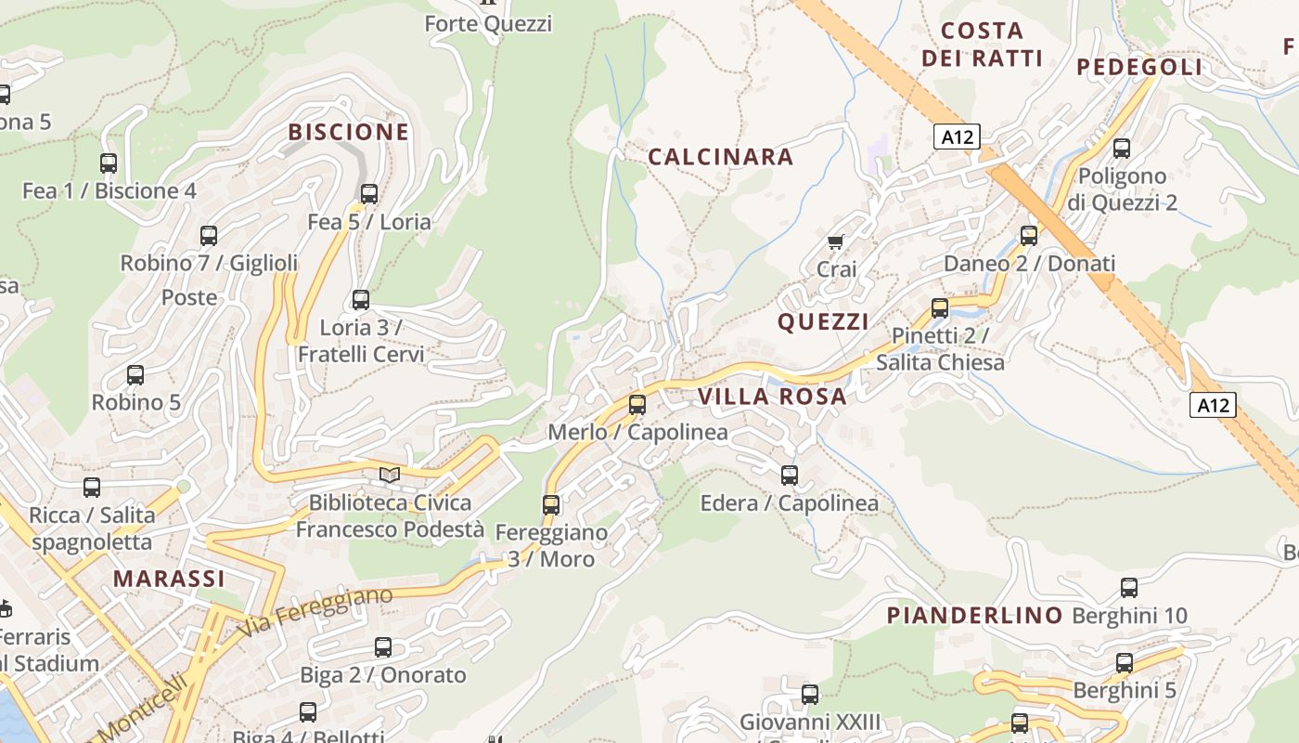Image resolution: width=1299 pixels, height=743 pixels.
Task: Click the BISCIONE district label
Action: (x=348, y=132)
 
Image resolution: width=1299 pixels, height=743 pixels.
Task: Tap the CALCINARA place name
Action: (x=720, y=157)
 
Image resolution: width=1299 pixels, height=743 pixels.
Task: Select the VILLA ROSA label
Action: (x=772, y=397)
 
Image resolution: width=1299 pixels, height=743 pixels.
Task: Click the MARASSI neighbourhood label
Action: (x=169, y=579)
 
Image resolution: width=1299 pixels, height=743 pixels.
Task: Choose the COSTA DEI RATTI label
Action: (x=983, y=44)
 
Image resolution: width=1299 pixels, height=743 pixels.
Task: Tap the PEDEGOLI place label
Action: (x=1139, y=67)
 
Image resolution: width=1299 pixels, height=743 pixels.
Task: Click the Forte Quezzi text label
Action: (x=488, y=23)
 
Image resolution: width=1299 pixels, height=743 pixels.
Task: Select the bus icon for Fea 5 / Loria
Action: (x=369, y=194)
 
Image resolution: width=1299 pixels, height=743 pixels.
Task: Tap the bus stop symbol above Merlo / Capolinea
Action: (x=637, y=405)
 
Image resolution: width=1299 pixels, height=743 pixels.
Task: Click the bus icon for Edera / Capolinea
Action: (x=790, y=476)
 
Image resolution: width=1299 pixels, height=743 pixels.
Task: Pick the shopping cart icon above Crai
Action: (x=835, y=242)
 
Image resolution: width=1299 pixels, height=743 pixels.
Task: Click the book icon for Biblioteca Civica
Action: (x=390, y=476)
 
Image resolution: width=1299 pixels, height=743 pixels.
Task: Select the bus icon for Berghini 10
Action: (x=1129, y=588)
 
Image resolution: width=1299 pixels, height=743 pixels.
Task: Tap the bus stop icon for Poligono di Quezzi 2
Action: (x=1122, y=149)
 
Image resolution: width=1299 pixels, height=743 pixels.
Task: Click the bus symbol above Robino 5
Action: (x=135, y=375)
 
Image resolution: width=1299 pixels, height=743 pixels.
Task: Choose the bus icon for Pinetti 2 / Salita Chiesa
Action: (x=940, y=308)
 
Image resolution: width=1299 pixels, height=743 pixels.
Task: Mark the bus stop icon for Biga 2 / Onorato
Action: (x=383, y=647)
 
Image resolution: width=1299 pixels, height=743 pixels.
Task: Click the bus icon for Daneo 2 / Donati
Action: (x=1029, y=236)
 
